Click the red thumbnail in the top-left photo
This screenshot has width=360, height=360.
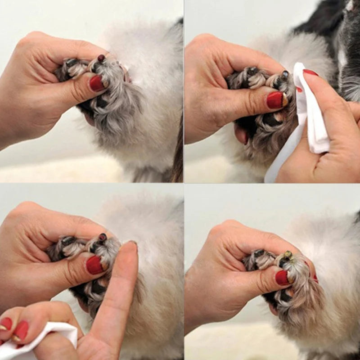(96, 83)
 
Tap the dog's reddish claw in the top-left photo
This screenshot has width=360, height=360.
(101, 58)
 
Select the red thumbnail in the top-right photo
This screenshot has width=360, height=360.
(275, 100)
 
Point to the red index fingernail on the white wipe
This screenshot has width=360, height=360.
(310, 72)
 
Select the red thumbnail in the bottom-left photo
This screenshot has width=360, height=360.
(94, 265)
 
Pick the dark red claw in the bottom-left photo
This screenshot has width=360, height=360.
(103, 237)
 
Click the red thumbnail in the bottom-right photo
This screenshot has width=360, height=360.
(282, 277)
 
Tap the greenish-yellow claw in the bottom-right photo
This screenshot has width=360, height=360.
(287, 256)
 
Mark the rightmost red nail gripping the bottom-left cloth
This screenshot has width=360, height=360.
(21, 329)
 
